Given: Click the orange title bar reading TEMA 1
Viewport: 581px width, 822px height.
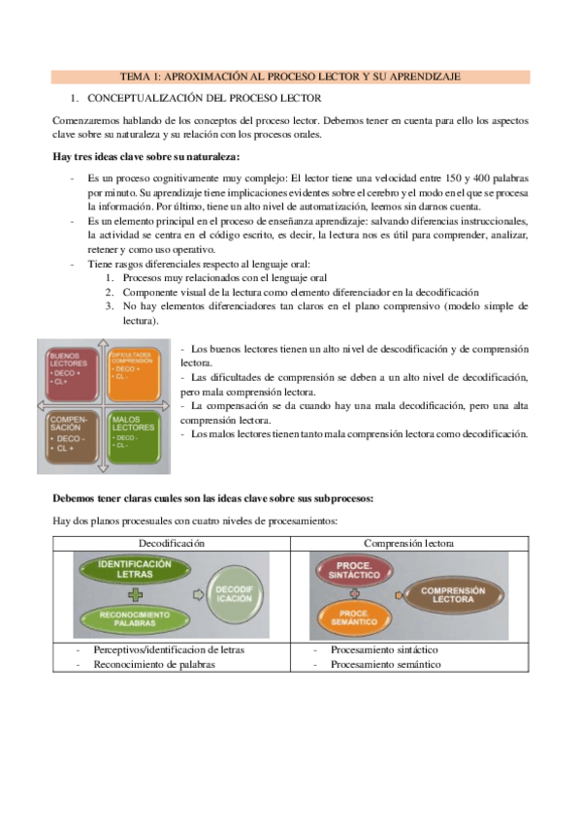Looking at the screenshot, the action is click(290, 76).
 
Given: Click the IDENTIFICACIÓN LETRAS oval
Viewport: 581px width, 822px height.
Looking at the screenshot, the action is click(135, 568).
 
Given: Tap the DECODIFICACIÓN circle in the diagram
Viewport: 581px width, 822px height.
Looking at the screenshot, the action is click(233, 594).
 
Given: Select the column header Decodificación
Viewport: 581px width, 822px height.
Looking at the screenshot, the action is click(172, 544).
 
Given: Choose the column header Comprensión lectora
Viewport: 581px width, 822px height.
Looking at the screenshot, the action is click(408, 544).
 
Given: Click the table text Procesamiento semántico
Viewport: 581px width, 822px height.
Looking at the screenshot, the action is click(385, 664).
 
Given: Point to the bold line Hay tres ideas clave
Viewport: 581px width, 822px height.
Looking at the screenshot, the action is click(146, 158).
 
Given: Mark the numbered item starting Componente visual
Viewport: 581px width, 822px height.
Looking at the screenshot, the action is click(301, 292).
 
